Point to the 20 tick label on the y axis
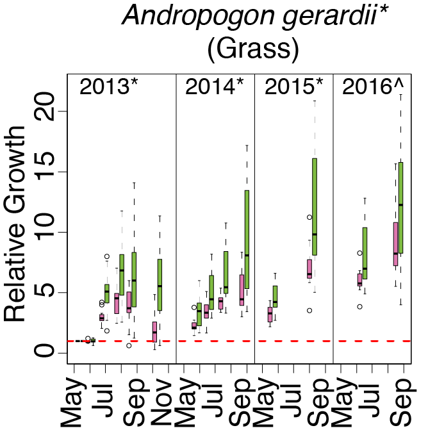[50, 111]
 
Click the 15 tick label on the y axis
[50, 172]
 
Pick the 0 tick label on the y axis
[50, 353]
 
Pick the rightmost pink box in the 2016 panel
[396, 243]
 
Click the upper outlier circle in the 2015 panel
[309, 217]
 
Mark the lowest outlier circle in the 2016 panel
[360, 306]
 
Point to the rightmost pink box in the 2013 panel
[154, 331]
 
